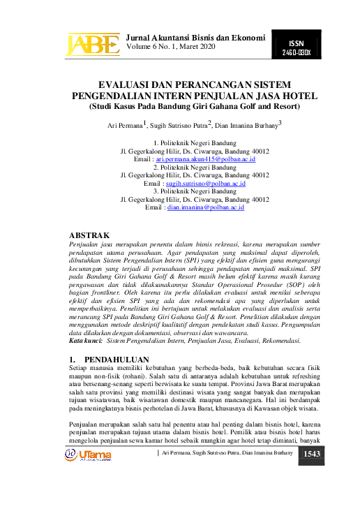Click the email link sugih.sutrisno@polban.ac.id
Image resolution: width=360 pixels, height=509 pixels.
click(x=209, y=183)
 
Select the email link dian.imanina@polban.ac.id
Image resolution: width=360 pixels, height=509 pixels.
click(x=204, y=207)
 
